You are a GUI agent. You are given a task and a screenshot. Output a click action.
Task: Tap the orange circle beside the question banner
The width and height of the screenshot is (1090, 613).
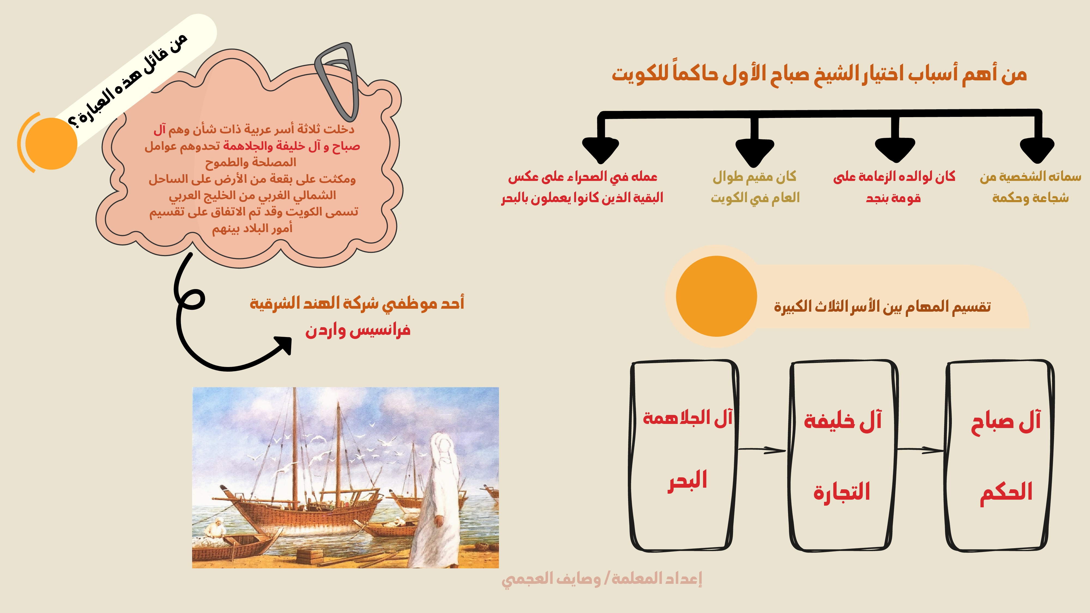[51, 143]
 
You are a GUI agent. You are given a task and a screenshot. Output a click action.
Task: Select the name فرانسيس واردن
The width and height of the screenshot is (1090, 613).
[358, 330]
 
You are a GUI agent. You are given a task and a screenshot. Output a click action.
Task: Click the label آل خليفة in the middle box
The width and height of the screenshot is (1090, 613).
[843, 420]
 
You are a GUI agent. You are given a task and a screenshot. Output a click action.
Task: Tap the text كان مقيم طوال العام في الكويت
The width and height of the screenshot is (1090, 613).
[755, 187]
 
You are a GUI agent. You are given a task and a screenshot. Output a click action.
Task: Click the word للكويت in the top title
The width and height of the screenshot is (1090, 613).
[640, 74]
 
